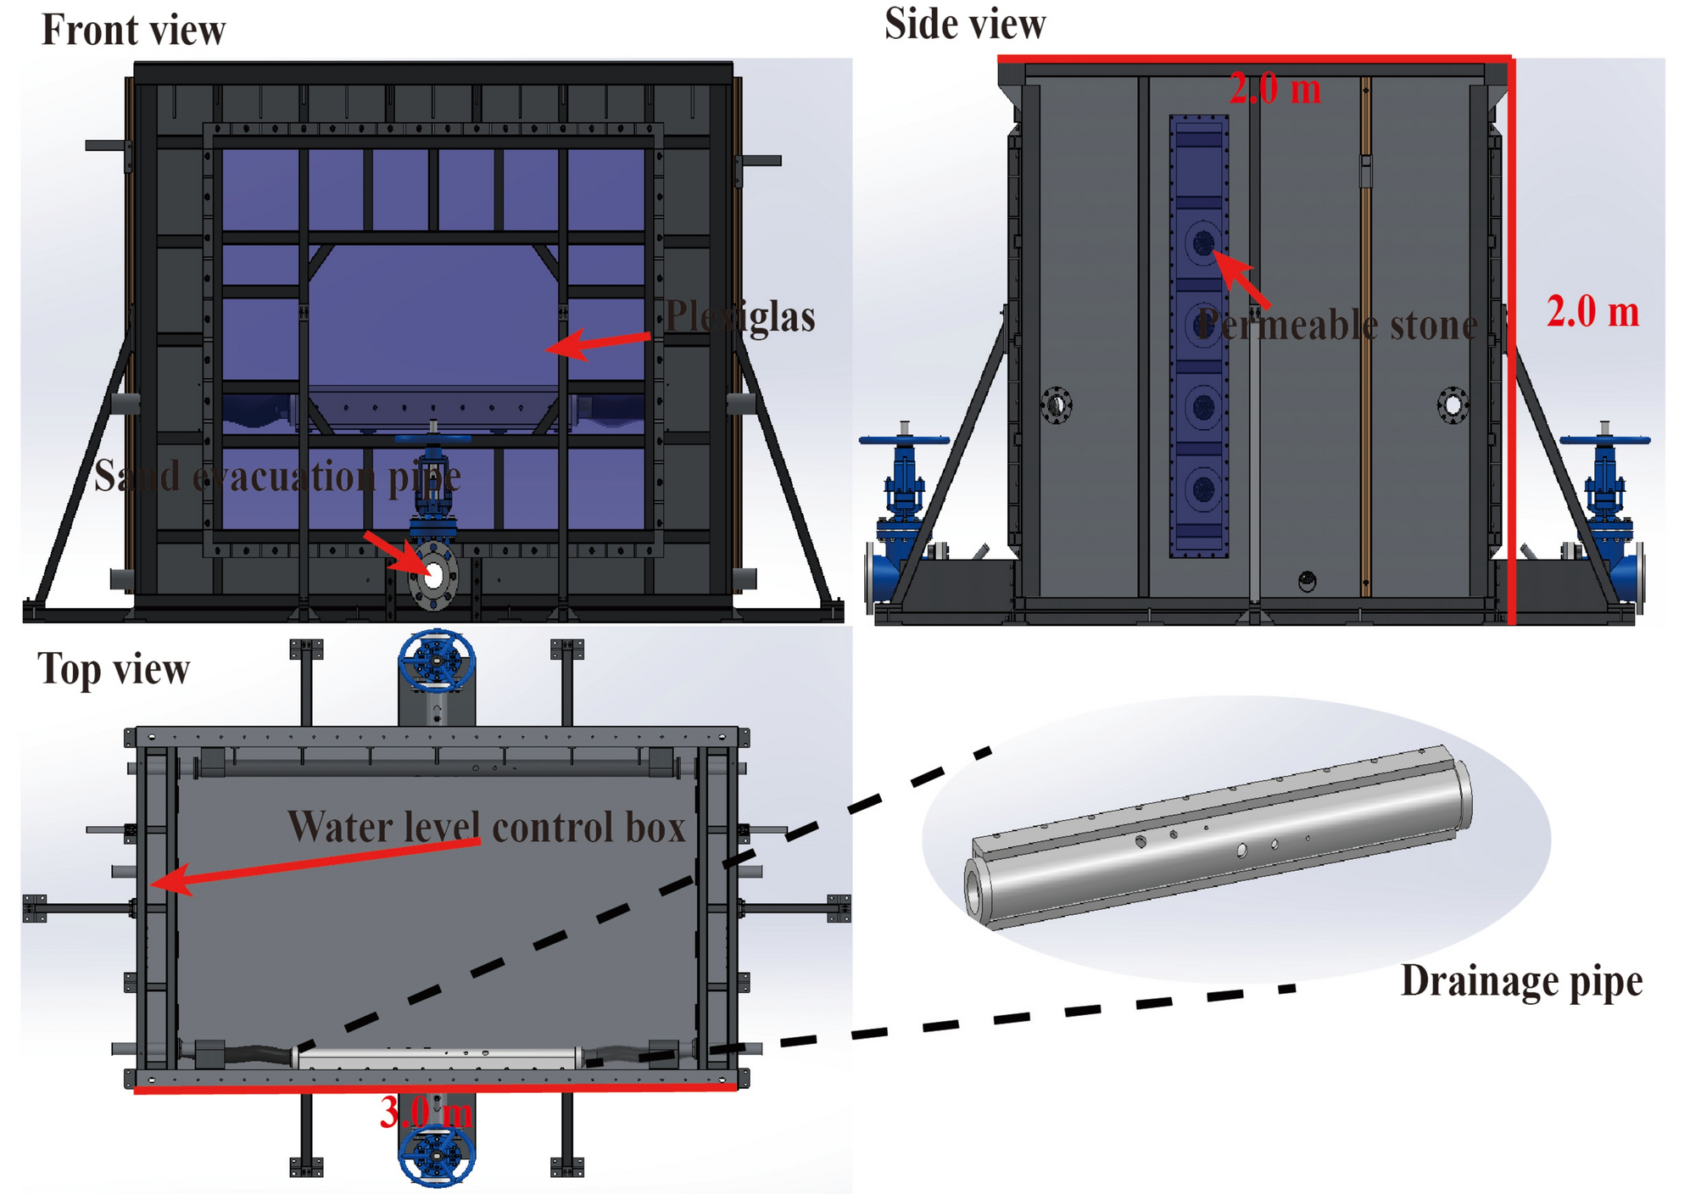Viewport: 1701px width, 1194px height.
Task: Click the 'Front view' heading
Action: (x=133, y=31)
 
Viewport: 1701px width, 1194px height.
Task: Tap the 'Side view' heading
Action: (x=964, y=24)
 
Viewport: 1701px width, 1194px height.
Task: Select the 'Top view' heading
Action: (x=114, y=669)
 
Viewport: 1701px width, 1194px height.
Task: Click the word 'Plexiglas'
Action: (x=739, y=316)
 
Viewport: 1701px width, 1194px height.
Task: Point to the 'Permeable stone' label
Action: (x=1337, y=325)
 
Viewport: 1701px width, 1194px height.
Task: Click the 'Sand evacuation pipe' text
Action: (x=277, y=476)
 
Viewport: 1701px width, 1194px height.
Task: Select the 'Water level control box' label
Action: (x=486, y=827)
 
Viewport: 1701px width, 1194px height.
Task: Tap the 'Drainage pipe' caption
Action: (x=1521, y=981)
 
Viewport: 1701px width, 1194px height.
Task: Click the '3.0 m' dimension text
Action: (x=425, y=1112)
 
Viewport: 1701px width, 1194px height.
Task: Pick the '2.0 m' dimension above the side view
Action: (x=1274, y=89)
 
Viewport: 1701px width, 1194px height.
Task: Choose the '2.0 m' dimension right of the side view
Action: (x=1592, y=311)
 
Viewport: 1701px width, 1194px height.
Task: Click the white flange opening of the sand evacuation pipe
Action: (x=433, y=576)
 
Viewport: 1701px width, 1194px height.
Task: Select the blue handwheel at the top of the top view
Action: (x=437, y=661)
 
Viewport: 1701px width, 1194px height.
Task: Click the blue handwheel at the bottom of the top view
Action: (x=437, y=1154)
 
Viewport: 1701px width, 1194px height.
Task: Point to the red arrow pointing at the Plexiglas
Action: (x=597, y=343)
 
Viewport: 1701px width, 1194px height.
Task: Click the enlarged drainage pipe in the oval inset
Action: (x=1219, y=840)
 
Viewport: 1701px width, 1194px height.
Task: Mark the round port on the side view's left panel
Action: (x=1057, y=405)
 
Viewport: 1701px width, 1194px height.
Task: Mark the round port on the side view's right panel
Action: (x=1453, y=405)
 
